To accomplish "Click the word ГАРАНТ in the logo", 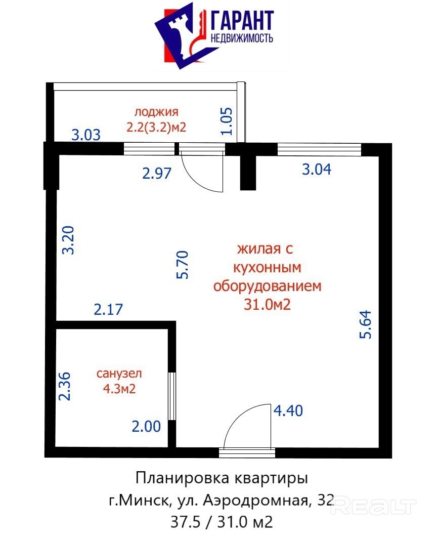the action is click(x=242, y=20).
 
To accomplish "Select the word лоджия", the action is click(x=156, y=112).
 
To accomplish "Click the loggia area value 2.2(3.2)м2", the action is click(x=156, y=128).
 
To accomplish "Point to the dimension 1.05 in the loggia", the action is click(x=227, y=121).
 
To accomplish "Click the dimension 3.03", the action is click(x=86, y=135).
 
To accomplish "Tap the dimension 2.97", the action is click(x=157, y=173).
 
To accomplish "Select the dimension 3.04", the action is click(x=317, y=170).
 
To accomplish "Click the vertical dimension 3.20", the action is click(x=68, y=240).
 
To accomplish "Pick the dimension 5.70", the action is click(x=183, y=265).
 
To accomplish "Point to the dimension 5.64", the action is click(x=366, y=324).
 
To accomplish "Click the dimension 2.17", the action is click(x=108, y=309).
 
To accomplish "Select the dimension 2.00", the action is click(x=147, y=427).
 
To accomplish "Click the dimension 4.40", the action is click(x=288, y=410).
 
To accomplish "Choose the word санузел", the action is click(x=119, y=374).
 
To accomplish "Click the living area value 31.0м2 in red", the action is click(x=267, y=304).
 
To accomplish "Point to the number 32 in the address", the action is click(x=326, y=501).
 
